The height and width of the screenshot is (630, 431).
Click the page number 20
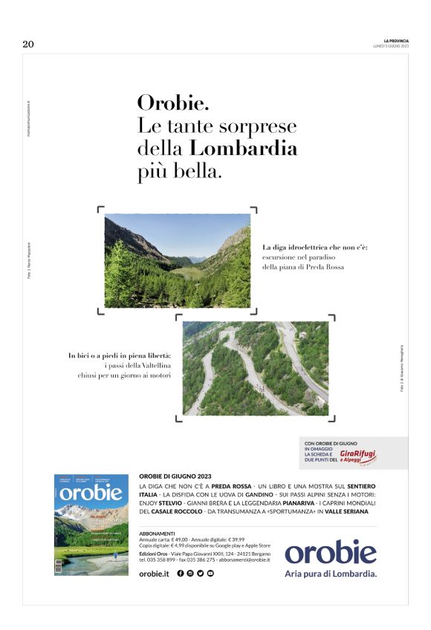[28, 45]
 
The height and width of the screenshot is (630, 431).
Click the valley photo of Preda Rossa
[177, 260]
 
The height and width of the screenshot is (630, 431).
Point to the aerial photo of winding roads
[255, 368]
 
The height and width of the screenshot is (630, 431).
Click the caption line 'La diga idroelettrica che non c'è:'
[315, 246]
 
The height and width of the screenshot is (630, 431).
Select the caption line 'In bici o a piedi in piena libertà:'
[120, 356]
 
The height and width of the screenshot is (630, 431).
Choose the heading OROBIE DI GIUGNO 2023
[175, 476]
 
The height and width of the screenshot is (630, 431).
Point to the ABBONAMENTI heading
[157, 534]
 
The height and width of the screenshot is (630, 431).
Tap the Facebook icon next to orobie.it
[181, 573]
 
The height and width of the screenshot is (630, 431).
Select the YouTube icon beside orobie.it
[210, 573]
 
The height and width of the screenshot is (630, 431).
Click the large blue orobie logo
[330, 552]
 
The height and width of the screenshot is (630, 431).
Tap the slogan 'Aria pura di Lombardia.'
[331, 574]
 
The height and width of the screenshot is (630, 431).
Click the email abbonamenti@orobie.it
[240, 560]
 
